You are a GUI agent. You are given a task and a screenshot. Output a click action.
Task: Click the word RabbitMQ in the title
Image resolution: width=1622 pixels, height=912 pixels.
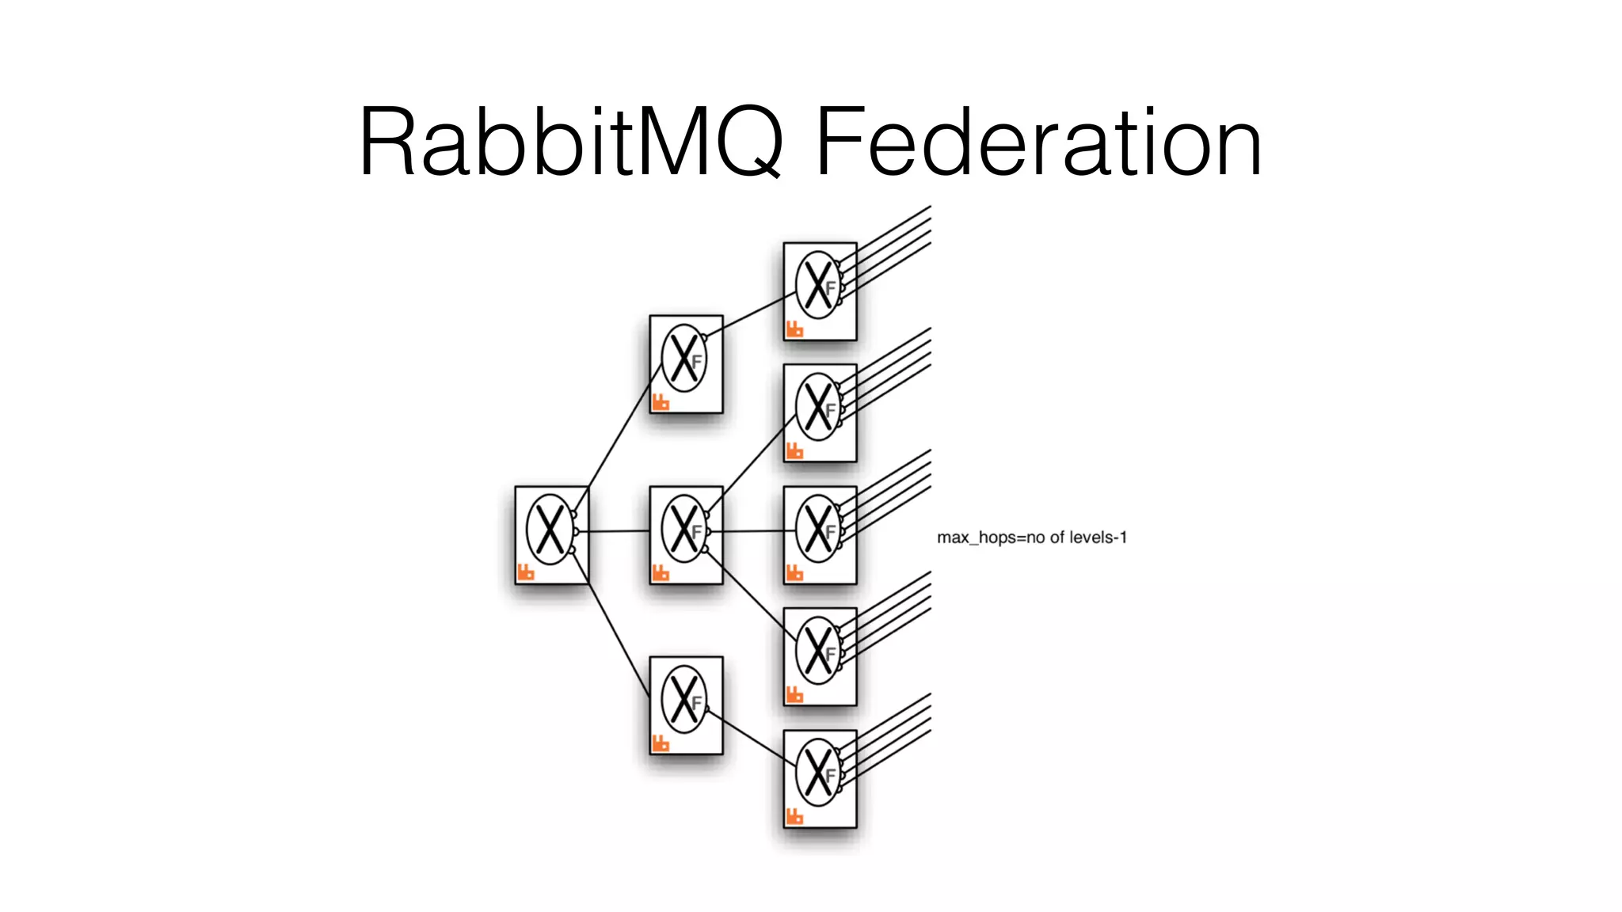[x=570, y=142]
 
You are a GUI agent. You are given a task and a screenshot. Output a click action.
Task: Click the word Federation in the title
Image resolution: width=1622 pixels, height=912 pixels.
[x=1038, y=142]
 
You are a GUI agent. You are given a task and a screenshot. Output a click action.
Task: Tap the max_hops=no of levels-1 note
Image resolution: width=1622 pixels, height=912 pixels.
[x=1031, y=538]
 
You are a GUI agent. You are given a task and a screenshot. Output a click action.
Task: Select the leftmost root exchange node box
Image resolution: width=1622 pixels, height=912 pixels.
[x=551, y=535]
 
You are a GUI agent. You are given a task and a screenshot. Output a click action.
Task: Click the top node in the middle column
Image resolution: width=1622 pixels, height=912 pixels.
[x=686, y=364]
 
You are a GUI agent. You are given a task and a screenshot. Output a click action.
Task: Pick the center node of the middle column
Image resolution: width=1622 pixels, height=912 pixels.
[x=686, y=535]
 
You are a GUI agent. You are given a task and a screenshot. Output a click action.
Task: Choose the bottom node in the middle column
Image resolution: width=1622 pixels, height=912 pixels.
[x=686, y=705]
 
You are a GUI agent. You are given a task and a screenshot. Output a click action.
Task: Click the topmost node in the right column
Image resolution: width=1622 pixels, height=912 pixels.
[x=820, y=291]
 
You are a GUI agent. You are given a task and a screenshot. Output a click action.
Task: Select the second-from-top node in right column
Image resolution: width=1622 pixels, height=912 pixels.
[x=820, y=413]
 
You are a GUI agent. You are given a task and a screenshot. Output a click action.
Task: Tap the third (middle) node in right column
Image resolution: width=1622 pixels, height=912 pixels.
[x=820, y=535]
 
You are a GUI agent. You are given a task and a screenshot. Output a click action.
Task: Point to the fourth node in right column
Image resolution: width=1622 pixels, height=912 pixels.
[x=820, y=657]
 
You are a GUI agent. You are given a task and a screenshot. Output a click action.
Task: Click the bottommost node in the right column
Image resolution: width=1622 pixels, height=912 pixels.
[x=820, y=779]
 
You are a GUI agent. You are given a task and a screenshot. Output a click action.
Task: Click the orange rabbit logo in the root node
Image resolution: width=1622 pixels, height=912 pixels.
[x=526, y=572]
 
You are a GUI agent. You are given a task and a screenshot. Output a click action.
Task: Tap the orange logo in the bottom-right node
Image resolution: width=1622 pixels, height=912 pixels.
[x=794, y=815]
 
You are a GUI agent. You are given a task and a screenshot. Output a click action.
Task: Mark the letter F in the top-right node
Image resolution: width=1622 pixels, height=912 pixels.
[x=831, y=288]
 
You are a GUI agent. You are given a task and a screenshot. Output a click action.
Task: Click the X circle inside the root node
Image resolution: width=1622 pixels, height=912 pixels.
[x=550, y=529]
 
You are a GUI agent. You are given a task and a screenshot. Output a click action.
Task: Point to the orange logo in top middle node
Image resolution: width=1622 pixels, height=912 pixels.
[x=661, y=401]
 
